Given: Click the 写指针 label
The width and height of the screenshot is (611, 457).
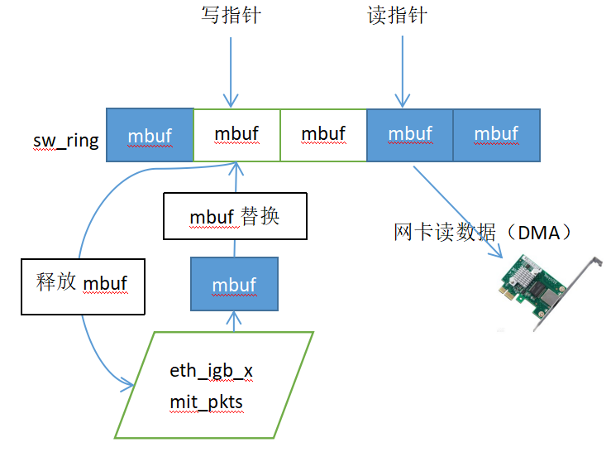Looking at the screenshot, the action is [231, 15].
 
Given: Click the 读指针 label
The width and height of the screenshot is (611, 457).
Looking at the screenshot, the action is [397, 15].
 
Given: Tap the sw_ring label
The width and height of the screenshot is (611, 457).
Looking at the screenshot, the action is [66, 141].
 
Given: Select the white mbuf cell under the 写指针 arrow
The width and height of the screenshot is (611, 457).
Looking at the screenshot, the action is [237, 135].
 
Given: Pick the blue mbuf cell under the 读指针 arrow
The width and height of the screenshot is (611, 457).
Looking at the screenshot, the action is [410, 135].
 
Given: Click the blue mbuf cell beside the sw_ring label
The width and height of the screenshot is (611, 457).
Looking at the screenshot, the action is [150, 135].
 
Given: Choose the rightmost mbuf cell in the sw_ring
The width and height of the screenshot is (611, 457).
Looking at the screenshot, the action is [497, 135].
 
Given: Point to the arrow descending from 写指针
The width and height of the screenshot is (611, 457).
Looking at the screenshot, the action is [231, 72].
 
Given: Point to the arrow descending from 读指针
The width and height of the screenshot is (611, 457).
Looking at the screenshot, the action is [403, 71].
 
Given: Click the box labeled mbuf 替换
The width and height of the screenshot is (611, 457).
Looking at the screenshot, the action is [235, 216].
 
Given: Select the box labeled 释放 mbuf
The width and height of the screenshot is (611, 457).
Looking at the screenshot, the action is [83, 286].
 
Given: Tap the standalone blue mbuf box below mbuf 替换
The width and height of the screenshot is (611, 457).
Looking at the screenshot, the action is [234, 284].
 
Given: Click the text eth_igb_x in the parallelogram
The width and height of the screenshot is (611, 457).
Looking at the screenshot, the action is [211, 371].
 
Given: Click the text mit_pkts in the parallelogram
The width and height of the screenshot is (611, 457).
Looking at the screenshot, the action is [207, 402].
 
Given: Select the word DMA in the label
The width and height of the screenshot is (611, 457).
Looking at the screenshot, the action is [539, 233].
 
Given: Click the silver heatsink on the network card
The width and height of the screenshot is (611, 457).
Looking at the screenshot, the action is [526, 273].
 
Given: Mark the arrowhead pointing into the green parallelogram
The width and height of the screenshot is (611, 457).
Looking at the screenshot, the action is [128, 384].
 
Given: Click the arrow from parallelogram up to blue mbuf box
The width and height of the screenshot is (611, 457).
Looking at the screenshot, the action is [234, 321].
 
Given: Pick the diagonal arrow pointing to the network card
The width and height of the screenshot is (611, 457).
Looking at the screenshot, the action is [458, 212].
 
